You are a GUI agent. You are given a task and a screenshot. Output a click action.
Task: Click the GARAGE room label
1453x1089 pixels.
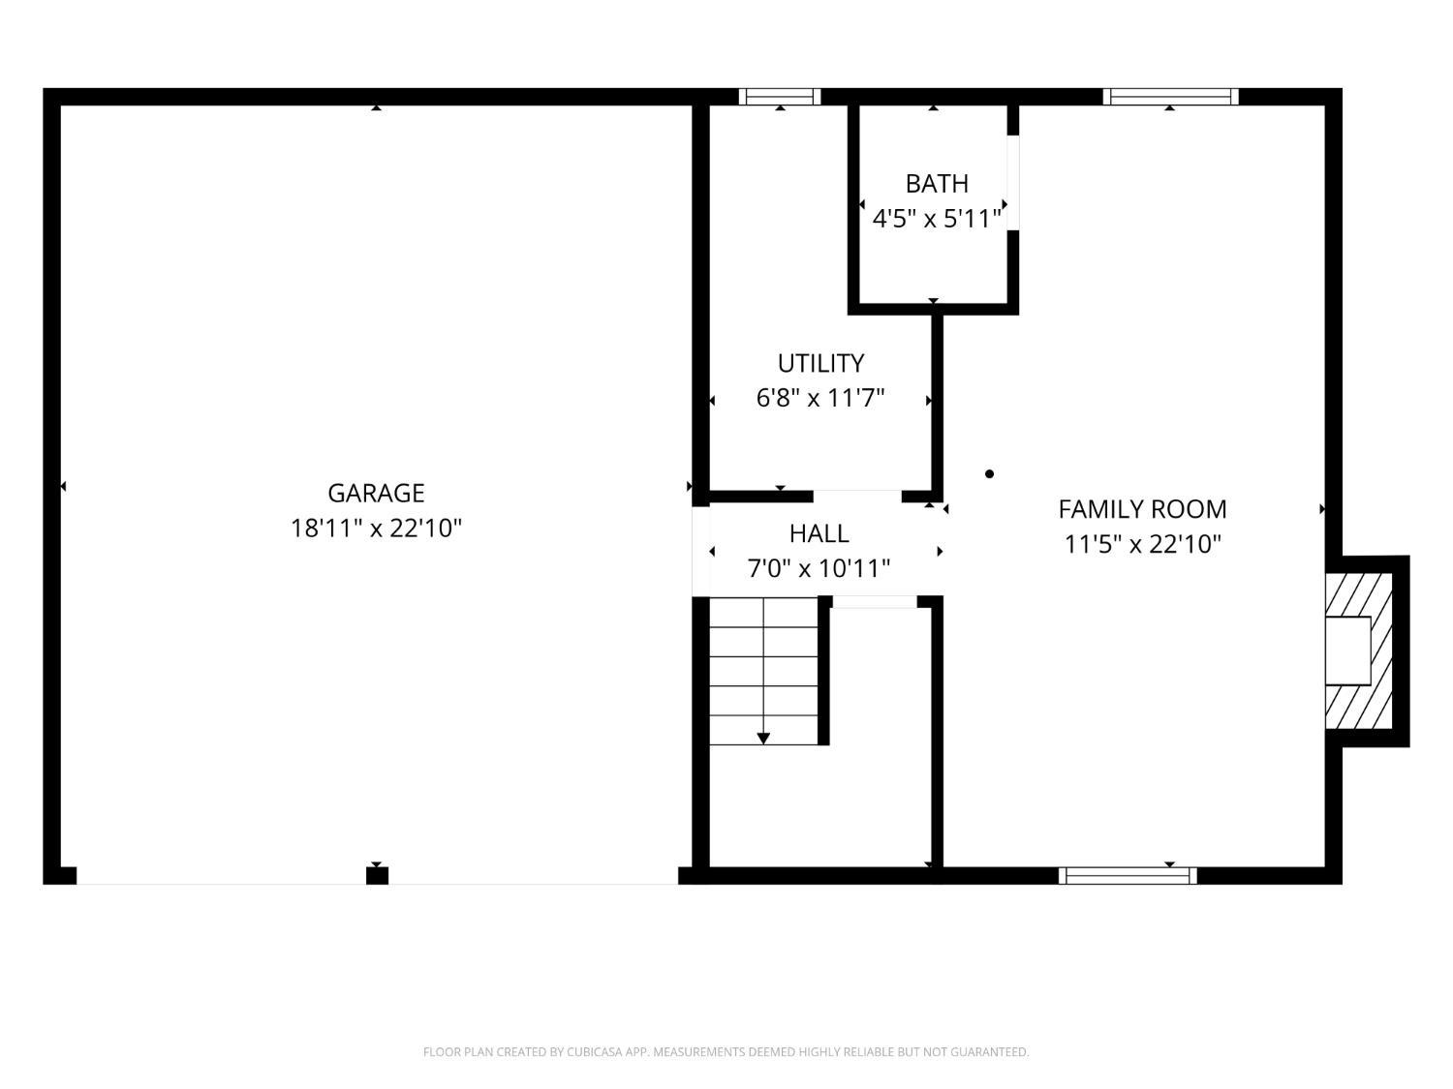click(376, 493)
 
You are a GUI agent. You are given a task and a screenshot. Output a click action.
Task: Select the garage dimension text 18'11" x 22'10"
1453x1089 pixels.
click(376, 529)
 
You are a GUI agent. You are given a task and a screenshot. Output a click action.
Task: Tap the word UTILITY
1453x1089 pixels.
click(820, 363)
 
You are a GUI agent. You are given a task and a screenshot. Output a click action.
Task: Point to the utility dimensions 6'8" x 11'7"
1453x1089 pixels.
click(820, 398)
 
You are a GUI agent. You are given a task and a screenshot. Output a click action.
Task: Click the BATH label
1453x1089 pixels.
click(937, 183)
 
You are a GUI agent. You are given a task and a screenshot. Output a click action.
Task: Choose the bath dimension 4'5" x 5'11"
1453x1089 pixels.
click(937, 218)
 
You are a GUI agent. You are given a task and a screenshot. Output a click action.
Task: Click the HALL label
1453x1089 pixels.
click(819, 533)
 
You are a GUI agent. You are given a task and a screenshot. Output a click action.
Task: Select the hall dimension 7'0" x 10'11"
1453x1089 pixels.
click(819, 568)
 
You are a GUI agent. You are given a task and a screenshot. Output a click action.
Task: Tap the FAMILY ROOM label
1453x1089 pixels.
click(1142, 509)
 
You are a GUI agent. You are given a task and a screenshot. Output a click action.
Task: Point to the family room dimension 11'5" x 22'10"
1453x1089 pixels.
click(1142, 544)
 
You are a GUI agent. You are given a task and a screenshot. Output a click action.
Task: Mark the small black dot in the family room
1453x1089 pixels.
click(989, 473)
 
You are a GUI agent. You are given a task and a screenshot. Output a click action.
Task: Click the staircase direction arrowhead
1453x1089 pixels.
click(763, 739)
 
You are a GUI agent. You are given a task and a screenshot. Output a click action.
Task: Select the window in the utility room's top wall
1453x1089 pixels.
click(780, 97)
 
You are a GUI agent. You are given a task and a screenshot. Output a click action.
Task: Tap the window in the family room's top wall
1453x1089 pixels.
click(1170, 97)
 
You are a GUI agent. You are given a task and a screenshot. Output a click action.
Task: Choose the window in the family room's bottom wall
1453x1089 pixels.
click(1128, 876)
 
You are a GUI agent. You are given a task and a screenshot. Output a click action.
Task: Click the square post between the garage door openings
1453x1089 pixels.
click(378, 876)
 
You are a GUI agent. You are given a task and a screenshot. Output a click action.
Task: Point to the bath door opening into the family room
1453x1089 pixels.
click(1013, 183)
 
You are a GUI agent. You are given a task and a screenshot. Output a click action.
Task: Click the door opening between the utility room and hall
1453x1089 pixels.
click(857, 497)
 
